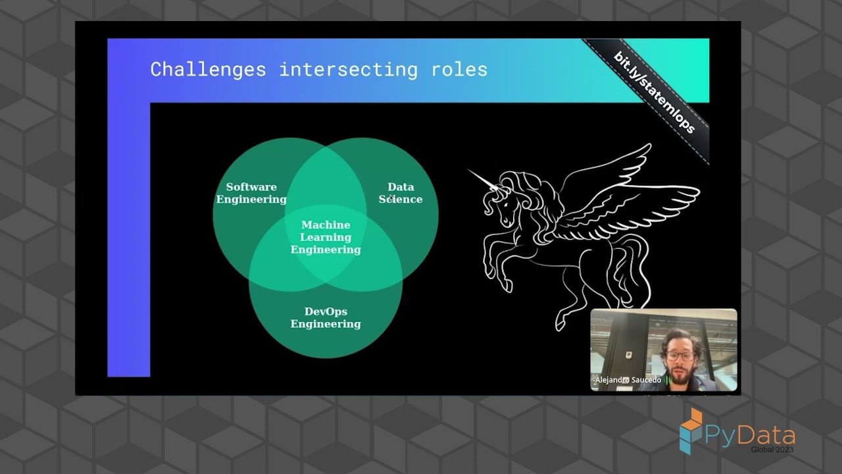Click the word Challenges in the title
coord(208,69)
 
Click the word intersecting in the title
coord(348,69)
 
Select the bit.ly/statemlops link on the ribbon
coord(654,92)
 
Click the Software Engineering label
coord(251,193)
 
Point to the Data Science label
coord(401,193)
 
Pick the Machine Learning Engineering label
coord(326,237)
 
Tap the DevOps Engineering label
coord(326,317)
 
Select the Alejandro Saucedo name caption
coord(628,380)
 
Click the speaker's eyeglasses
coord(680,355)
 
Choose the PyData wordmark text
coord(750,435)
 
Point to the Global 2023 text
coord(772,450)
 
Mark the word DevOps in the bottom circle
coord(326,311)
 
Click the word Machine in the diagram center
coord(326,225)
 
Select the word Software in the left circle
coord(251,187)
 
